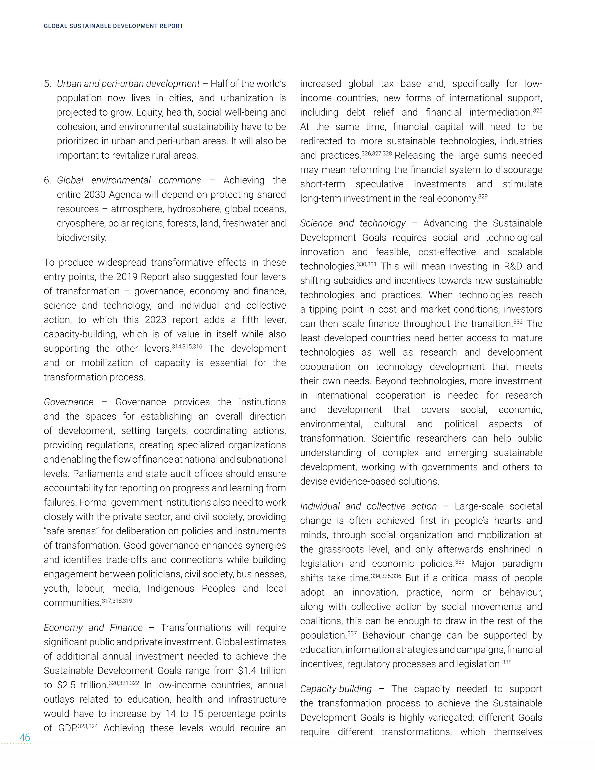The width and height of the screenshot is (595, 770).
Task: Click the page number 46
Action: click(25, 737)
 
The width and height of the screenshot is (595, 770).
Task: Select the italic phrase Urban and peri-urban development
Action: click(128, 84)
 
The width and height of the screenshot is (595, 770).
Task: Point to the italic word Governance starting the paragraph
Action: click(69, 402)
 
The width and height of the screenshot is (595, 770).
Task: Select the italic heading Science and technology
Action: click(353, 223)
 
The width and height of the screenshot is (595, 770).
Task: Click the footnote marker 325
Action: click(537, 111)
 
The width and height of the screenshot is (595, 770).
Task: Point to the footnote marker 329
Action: click(483, 197)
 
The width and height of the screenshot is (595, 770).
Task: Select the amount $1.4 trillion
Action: click(261, 671)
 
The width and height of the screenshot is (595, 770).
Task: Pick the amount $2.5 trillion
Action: click(82, 685)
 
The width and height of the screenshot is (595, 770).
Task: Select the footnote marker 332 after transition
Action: click(518, 322)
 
